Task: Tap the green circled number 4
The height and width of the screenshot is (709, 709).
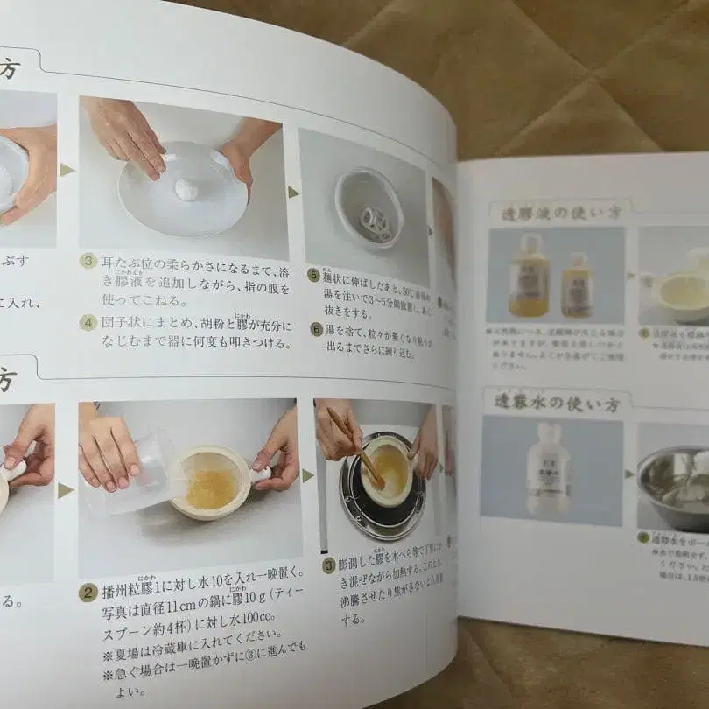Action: pyautogui.click(x=88, y=322)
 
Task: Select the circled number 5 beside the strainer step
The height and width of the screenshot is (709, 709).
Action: pyautogui.click(x=313, y=274)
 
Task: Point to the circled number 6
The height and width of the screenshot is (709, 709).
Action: pyautogui.click(x=316, y=329)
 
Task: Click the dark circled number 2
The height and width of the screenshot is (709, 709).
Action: pyautogui.click(x=88, y=593)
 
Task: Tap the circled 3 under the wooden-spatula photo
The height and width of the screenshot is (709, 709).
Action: pyautogui.click(x=328, y=565)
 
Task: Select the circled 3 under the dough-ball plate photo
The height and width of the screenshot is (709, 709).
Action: pyautogui.click(x=88, y=261)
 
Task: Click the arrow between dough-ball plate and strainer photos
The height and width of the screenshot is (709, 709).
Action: pyautogui.click(x=293, y=192)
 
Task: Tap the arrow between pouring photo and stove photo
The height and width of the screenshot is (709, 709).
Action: pyautogui.click(x=307, y=475)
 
